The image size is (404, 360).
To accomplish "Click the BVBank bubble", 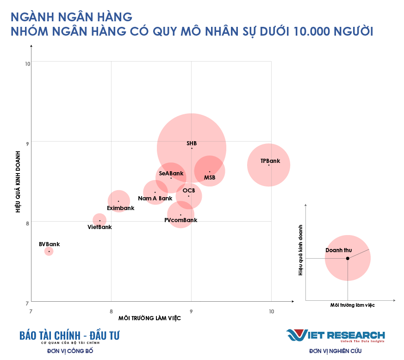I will pos(49,251).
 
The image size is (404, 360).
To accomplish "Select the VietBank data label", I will pos(100,227).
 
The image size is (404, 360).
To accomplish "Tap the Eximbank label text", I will pos(121,208).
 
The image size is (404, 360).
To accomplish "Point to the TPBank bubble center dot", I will pos(268,165).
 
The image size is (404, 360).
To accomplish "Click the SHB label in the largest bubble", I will pos(192,143).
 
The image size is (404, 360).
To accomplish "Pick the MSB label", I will pos(210,178).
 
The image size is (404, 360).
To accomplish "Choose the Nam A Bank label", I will pos(155,199).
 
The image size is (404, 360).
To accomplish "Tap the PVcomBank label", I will pos(181,220).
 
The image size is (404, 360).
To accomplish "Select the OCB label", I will pos(189,191).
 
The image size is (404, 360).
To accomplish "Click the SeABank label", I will pos(171,174).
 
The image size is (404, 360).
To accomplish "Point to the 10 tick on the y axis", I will pos(27,63).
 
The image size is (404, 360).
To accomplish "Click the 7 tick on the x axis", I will pos(31,311).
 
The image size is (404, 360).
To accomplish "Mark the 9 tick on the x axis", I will pos(191,311).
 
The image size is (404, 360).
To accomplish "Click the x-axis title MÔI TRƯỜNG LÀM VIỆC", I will pos(149,318).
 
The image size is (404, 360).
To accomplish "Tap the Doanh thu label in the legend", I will pos(339,250).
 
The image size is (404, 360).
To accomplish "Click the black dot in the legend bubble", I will pos(348,258).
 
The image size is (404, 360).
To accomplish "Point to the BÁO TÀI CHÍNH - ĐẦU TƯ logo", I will pos(69,336).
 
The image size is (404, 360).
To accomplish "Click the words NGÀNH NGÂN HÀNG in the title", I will pos(71,17).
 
